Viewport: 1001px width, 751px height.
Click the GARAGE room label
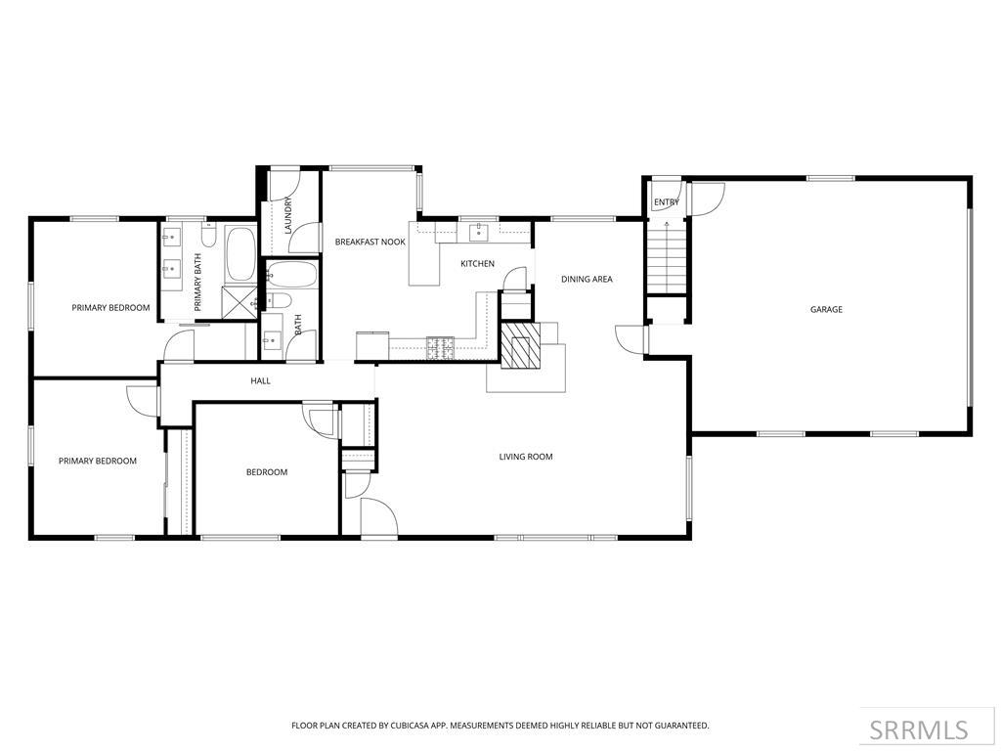826,309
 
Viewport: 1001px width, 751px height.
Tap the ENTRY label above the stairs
667,202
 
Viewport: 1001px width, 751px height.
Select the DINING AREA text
587,279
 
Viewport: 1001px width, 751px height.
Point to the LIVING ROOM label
526,457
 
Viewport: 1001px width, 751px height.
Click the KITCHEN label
478,263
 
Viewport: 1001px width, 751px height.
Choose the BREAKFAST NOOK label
370,242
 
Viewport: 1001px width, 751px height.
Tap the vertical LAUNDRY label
288,215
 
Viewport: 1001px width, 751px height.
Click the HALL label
260,380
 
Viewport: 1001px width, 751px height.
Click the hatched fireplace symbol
520,344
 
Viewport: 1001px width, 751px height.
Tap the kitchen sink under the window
478,232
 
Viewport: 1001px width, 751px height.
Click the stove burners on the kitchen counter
440,343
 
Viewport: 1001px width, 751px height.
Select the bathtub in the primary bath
240,254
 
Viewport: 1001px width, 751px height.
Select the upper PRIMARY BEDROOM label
110,308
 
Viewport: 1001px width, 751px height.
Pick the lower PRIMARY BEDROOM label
97,461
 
